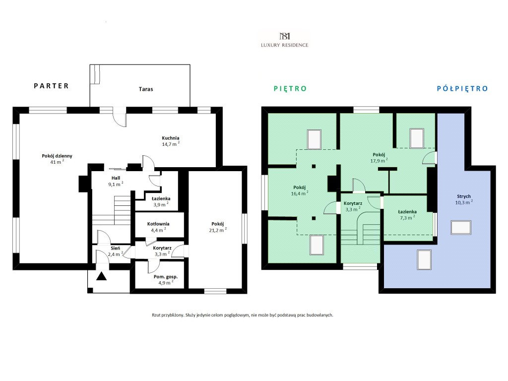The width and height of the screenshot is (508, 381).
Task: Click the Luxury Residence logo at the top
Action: [284, 40]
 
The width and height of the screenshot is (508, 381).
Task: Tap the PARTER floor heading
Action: [52, 86]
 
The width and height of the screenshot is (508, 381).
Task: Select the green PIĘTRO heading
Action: [290, 88]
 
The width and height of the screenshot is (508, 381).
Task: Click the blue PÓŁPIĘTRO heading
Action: [462, 88]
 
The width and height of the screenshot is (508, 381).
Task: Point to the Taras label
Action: [146, 89]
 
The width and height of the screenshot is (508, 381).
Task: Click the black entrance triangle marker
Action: [101, 276]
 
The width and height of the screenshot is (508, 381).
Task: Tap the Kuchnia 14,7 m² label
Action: [171, 141]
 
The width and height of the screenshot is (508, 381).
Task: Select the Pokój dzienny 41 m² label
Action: [57, 159]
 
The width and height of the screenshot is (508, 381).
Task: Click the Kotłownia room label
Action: [158, 227]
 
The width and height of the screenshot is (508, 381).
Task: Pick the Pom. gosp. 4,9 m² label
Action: [166, 280]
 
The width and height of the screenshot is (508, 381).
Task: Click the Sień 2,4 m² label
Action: [115, 252]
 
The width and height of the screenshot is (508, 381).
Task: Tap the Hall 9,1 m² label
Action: [116, 181]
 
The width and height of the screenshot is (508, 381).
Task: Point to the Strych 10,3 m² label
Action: [464, 199]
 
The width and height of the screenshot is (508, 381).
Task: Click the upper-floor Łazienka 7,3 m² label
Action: [407, 215]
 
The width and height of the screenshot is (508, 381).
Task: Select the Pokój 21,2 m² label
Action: [218, 227]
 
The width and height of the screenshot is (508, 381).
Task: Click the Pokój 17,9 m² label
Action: [379, 158]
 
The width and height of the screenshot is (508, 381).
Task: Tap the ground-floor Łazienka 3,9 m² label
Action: [161, 201]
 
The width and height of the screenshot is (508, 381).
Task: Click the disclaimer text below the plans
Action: [242, 315]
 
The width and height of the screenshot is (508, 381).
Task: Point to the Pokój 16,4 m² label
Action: [299, 190]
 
